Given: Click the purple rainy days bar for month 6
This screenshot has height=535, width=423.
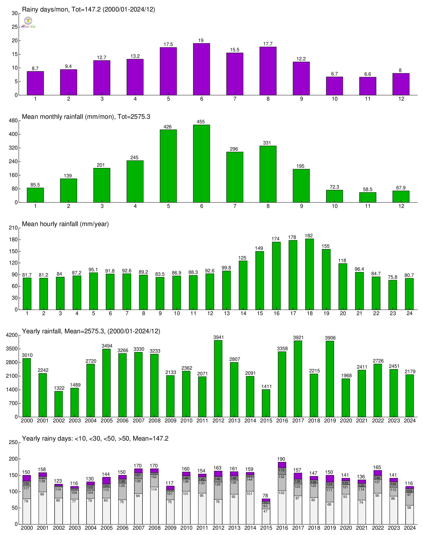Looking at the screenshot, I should coord(201,69).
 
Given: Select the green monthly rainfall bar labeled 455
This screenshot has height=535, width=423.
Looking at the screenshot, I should coord(201,163).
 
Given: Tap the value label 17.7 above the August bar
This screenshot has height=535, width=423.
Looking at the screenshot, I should coord(268,44).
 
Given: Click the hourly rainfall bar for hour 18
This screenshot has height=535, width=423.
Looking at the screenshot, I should coord(309,274).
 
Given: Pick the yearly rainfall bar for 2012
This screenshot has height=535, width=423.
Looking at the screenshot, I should coord(218,378).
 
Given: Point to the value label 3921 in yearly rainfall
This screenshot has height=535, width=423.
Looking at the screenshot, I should coord(298,338).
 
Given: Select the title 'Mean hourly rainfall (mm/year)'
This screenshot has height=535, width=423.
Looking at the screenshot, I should coord(65,224).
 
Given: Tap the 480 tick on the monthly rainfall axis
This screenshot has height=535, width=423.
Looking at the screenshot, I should coord(14,121).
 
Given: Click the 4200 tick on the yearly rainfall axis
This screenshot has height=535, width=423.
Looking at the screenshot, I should coord(13,335).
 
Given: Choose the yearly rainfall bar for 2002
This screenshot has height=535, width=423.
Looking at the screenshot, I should coord(59,404).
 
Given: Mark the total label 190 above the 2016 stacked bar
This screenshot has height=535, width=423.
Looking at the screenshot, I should coord(281,459).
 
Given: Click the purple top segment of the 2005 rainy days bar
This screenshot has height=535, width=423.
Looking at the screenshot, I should coord(106,480).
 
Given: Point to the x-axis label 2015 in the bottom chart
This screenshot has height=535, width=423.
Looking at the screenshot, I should coord(266,528).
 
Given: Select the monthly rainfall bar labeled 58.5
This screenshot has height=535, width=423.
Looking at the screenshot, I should coord(368,197).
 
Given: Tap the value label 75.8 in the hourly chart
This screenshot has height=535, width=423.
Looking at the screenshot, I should coord(392,277).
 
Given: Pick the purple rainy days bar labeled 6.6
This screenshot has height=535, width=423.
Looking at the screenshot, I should coord(368,86).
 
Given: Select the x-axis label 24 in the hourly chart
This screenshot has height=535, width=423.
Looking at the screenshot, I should coord(409,313).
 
